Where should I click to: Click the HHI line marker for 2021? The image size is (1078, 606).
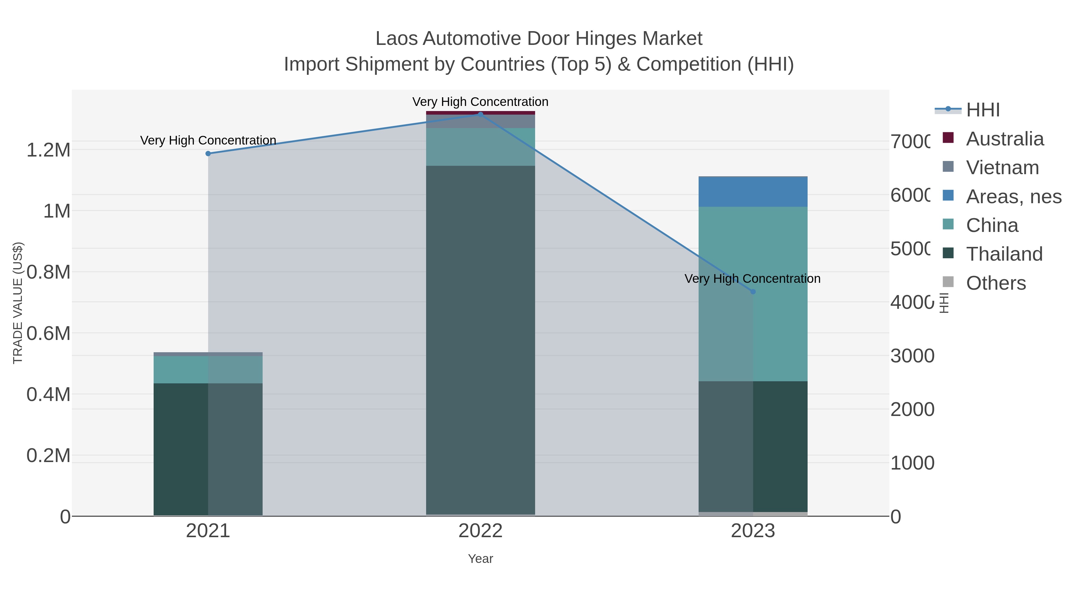click(x=208, y=154)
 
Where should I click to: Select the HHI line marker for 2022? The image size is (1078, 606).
click(x=480, y=114)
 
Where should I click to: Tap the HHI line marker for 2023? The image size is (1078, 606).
click(x=753, y=291)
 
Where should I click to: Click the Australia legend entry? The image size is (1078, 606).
click(x=1004, y=139)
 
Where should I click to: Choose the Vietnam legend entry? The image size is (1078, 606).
click(x=1002, y=168)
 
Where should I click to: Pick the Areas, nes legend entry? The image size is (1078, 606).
click(x=1013, y=197)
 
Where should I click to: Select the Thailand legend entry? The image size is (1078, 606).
click(x=1004, y=254)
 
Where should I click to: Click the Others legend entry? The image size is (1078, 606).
click(x=996, y=283)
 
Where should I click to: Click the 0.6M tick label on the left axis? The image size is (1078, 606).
click(x=49, y=334)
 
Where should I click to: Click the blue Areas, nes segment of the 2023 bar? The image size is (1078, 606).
click(x=753, y=192)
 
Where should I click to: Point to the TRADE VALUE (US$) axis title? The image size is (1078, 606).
click(x=18, y=303)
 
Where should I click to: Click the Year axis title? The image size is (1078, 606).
click(x=480, y=559)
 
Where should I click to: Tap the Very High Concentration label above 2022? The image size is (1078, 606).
click(x=480, y=102)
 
